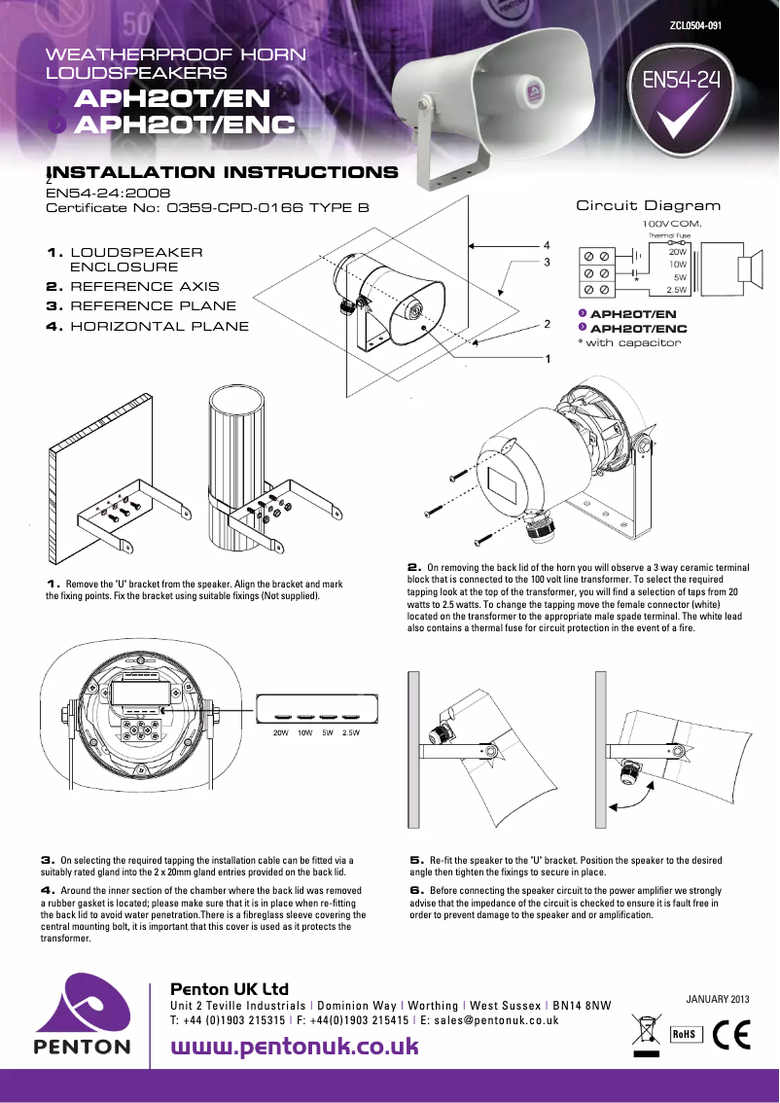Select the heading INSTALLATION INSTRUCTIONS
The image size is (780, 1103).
click(x=222, y=173)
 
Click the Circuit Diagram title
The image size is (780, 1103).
click(x=648, y=205)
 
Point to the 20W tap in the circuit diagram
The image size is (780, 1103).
click(x=677, y=251)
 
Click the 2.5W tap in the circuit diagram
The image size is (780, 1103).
click(x=676, y=290)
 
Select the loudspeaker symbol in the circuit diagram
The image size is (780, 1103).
click(x=749, y=269)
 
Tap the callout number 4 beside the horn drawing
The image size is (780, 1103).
click(x=547, y=245)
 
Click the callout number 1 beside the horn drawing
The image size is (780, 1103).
click(x=548, y=359)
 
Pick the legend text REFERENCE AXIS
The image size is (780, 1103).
click(x=145, y=287)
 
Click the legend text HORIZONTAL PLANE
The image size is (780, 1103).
click(x=160, y=326)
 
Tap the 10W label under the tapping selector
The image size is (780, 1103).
click(x=304, y=732)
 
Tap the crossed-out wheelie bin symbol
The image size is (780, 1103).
click(x=645, y=1031)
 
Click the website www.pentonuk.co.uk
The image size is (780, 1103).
click(x=295, y=1047)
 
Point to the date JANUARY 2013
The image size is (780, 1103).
click(x=718, y=999)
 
